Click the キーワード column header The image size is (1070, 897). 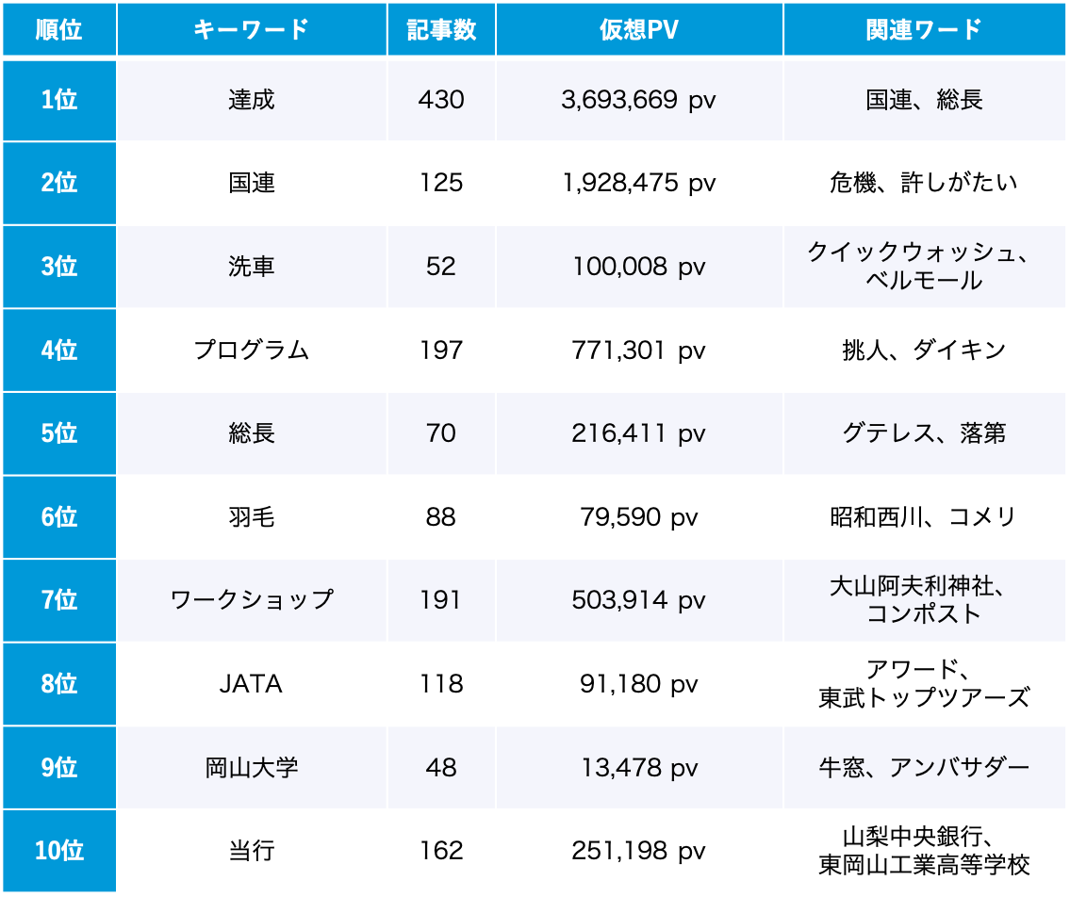tap(252, 29)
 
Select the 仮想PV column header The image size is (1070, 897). tap(638, 29)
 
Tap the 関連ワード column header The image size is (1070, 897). tap(924, 29)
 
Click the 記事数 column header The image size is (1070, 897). tap(441, 29)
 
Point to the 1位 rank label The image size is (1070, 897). tap(59, 100)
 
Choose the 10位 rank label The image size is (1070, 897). tap(59, 851)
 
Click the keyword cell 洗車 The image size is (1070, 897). tap(252, 267)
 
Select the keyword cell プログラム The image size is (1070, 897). tap(252, 350)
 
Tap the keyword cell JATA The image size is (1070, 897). tap(252, 684)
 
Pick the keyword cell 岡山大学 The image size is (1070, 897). tap(252, 767)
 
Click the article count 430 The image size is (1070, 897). tap(441, 100)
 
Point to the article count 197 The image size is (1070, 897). tap(441, 350)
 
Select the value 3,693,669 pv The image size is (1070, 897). tap(638, 100)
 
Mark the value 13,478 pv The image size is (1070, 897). tap(638, 767)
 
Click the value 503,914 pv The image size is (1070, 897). tap(638, 600)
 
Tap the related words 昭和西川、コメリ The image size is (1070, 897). tap(924, 516)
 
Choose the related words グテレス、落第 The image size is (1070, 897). tap(924, 433)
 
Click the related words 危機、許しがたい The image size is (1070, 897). tap(924, 183)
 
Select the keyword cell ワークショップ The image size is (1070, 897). tap(252, 600)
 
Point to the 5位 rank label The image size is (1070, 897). tap(59, 433)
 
